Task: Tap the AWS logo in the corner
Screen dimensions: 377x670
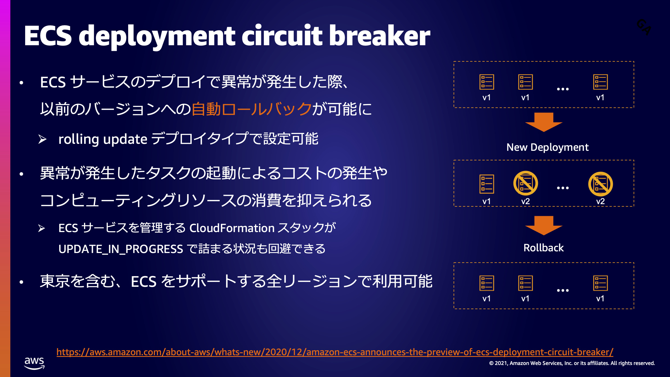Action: pos(34,363)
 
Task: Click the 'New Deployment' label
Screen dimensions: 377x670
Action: pos(547,147)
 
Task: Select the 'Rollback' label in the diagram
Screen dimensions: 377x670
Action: pos(543,248)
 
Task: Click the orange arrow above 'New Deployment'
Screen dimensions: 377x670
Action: pos(544,122)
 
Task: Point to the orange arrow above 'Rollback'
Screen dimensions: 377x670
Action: pos(544,225)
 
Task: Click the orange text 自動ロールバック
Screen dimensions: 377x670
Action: pos(252,109)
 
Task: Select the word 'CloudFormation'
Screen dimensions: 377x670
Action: pos(232,228)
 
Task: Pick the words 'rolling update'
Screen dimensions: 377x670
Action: pos(103,139)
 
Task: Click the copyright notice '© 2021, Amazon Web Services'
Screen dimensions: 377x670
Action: pos(572,363)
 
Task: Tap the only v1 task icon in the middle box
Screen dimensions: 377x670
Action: pos(487,184)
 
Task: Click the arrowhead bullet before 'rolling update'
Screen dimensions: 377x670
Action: pos(42,139)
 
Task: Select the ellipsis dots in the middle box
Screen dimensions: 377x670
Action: pos(563,188)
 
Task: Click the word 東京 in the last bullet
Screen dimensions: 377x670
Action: pos(55,281)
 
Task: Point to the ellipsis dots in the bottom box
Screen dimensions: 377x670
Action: pos(563,290)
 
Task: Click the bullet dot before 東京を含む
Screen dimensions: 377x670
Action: pos(21,282)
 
